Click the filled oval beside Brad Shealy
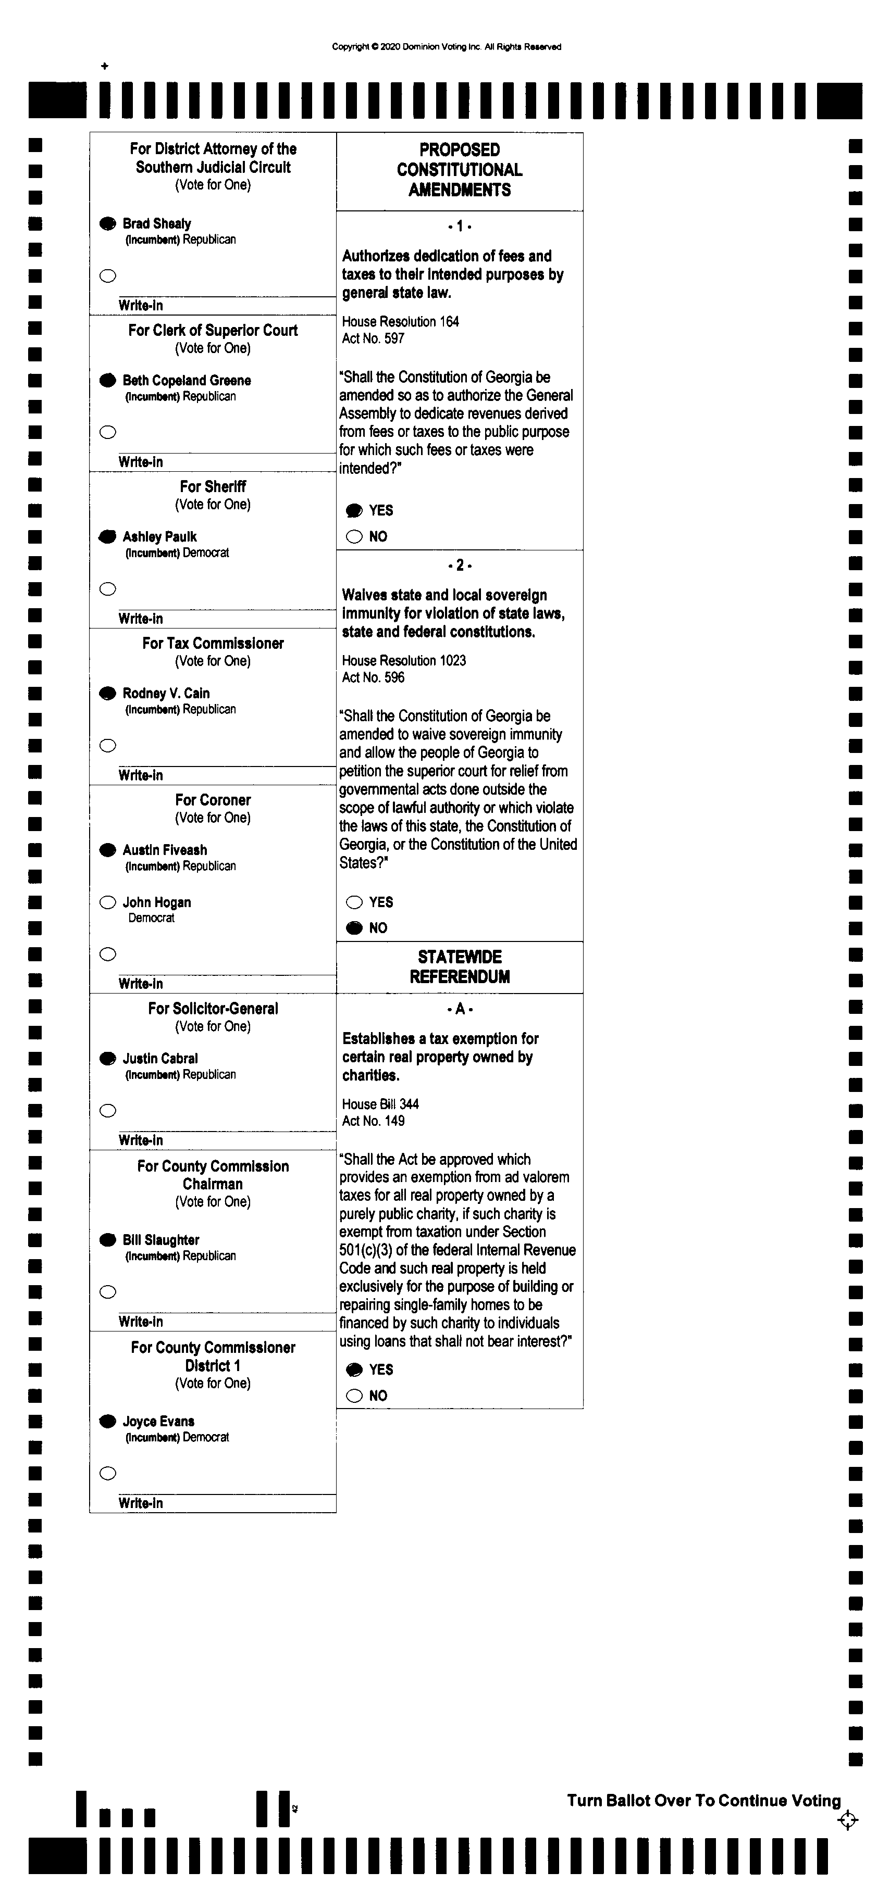[x=107, y=223]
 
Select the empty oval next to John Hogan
[x=107, y=902]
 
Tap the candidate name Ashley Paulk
[x=159, y=537]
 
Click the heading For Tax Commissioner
[x=213, y=644]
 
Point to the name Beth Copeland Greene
[x=187, y=381]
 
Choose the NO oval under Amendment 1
[x=354, y=537]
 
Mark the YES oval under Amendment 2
[x=354, y=902]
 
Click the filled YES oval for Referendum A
[x=354, y=1370]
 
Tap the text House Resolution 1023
[x=404, y=661]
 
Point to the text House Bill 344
[x=380, y=1104]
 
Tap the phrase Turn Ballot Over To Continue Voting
[x=703, y=1801]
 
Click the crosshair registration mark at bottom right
[x=847, y=1820]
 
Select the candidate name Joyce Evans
[x=158, y=1421]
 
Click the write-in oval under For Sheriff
[x=107, y=589]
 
